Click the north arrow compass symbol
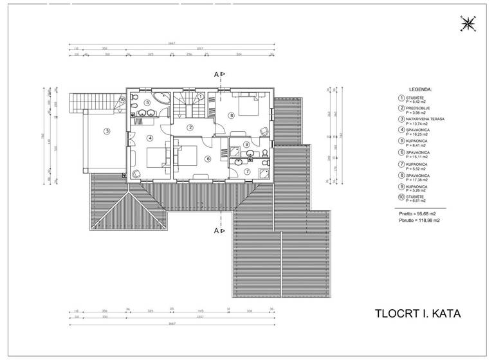[x=468, y=24]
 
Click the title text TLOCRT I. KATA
[x=418, y=314]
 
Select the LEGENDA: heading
[x=420, y=90]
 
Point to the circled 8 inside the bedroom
[x=232, y=116]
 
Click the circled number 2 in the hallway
[x=190, y=127]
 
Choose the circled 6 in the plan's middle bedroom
[x=208, y=158]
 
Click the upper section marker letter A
[x=217, y=75]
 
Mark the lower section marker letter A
[x=217, y=229]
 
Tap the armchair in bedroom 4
[x=136, y=173]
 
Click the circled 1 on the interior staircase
[x=201, y=96]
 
